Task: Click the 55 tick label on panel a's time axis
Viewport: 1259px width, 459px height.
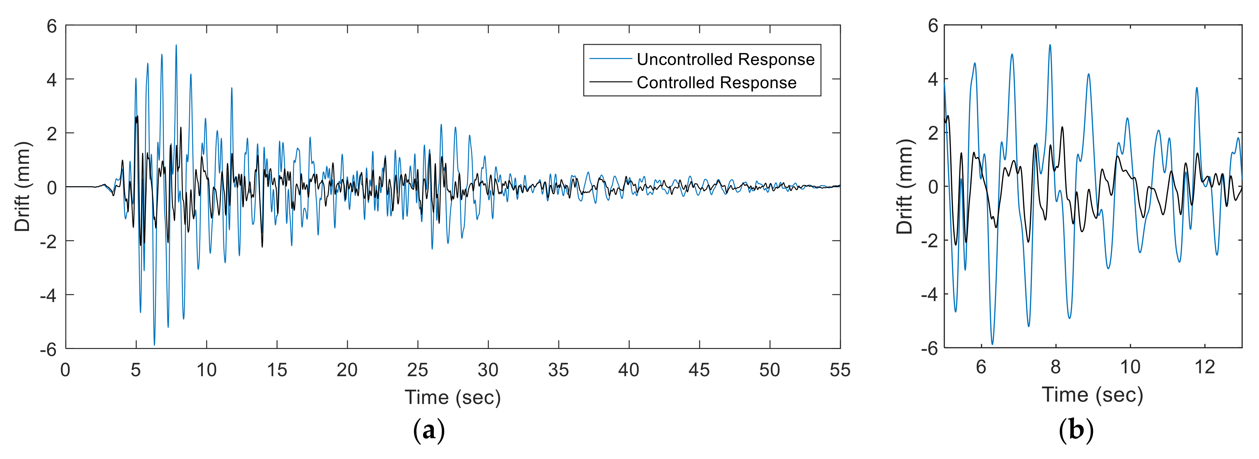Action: (840, 370)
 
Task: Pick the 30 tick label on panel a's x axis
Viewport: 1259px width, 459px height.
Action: (488, 370)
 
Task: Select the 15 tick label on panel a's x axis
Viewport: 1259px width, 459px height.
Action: (277, 370)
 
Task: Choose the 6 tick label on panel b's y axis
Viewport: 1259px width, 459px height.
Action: (933, 26)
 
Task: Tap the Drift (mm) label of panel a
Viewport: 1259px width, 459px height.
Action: (22, 187)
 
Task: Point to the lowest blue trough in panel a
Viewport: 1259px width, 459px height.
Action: (155, 344)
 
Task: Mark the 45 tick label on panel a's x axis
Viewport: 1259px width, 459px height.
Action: (699, 370)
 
